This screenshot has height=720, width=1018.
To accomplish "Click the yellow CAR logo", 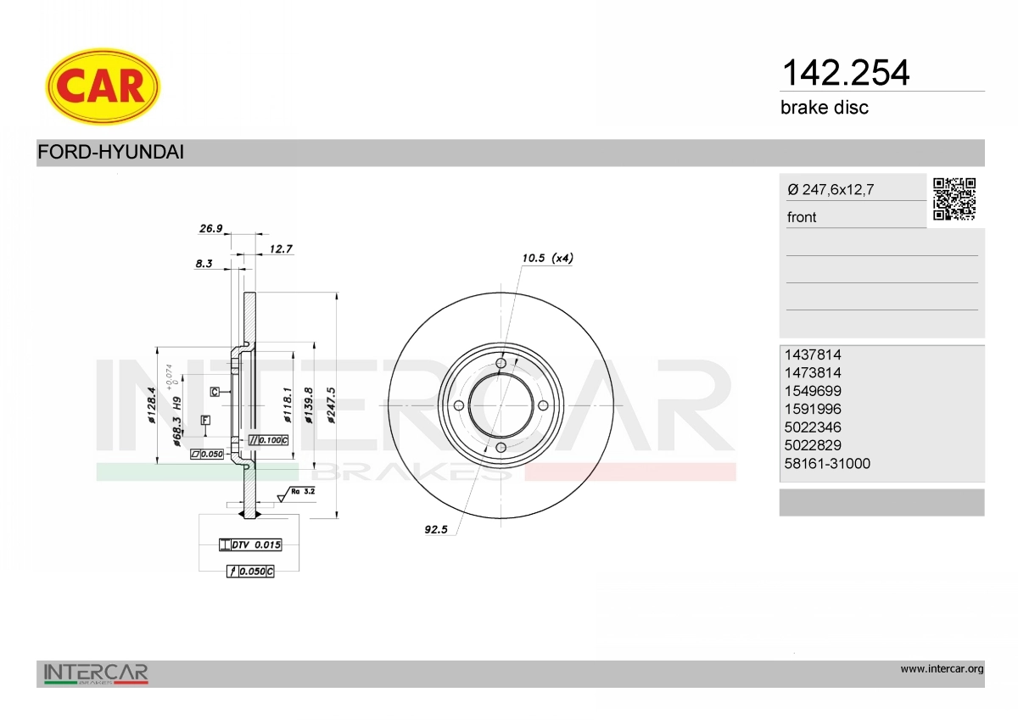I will [x=103, y=86].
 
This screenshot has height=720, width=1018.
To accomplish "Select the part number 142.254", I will [x=844, y=73].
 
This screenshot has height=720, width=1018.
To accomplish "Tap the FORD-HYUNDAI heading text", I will [x=110, y=153].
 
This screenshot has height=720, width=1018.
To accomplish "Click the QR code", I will [x=954, y=199].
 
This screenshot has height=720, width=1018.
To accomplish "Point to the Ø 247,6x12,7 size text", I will [x=830, y=190].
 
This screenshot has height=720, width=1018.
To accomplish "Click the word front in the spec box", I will [x=802, y=217].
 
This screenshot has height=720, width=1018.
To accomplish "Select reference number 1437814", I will [x=813, y=354].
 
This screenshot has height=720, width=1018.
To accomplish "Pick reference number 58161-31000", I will [x=827, y=463].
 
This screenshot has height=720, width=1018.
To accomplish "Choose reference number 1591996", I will [x=813, y=409].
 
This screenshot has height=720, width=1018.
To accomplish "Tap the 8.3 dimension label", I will [x=204, y=264].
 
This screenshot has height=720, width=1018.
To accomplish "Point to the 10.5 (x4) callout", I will [x=547, y=258].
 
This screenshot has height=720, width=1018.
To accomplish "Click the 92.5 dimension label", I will [x=435, y=529].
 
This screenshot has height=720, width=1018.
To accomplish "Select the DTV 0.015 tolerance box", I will [x=250, y=544].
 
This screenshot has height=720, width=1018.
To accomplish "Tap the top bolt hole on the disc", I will [x=501, y=364].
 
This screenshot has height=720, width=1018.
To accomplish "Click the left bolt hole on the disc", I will [x=458, y=405].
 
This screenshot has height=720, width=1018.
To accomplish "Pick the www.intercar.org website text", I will [x=942, y=669].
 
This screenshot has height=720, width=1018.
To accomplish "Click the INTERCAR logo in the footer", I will [x=96, y=674].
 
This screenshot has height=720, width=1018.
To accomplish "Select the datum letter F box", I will [x=205, y=420].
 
